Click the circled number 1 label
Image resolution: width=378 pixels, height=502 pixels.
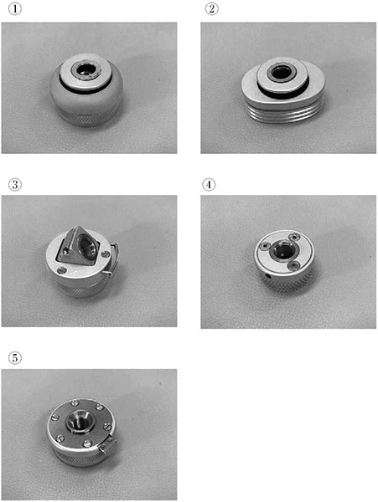[15, 9]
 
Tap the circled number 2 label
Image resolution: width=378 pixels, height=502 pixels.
[211, 9]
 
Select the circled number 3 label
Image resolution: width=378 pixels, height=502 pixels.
[15, 185]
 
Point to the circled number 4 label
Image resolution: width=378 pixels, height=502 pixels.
[209, 185]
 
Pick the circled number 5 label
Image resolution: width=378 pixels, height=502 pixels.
[15, 358]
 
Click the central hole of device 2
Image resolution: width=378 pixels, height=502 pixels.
[281, 74]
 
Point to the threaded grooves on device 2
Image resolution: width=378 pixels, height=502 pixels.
[286, 113]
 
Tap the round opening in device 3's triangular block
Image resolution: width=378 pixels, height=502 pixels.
[86, 245]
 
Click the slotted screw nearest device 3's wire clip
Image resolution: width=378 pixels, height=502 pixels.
[106, 254]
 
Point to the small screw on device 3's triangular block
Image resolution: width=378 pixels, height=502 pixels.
[66, 252]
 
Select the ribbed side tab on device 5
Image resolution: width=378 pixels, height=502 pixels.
[108, 445]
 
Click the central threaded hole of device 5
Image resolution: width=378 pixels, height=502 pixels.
[78, 420]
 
